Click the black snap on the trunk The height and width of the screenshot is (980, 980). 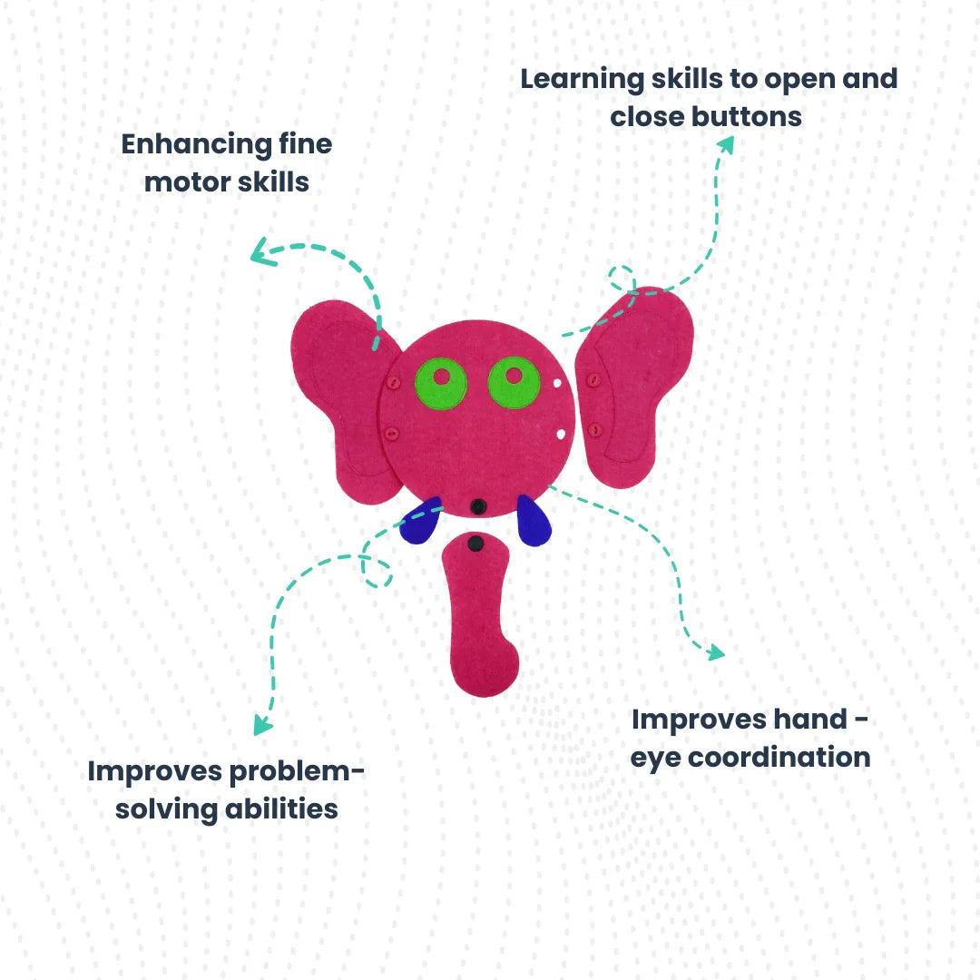(475, 544)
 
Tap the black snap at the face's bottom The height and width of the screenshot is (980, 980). (478, 505)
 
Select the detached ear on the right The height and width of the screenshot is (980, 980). (635, 386)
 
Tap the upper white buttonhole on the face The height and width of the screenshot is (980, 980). (555, 383)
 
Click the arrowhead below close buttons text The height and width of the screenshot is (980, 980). (726, 142)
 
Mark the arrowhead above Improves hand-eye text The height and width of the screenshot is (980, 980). (715, 652)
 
